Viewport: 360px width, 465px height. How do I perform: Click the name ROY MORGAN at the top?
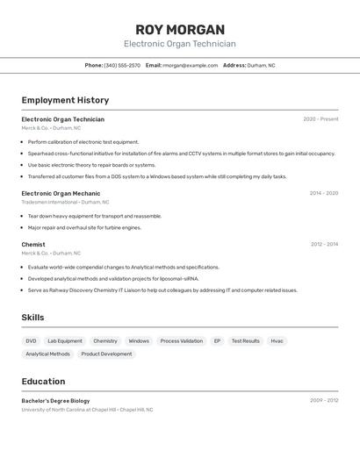180,30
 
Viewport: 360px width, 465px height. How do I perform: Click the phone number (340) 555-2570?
122,65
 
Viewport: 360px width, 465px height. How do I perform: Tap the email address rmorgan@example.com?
190,65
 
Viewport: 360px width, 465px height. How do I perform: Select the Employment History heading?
65,100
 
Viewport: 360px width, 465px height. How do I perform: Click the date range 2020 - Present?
320,119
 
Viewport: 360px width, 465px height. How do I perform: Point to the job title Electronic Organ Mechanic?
61,193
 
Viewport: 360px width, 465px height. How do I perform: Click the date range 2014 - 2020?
324,193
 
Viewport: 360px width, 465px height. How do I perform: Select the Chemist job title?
33,245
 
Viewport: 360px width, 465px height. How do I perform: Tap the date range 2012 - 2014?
324,245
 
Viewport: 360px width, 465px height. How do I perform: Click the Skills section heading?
32,318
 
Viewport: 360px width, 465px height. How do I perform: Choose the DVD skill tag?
31,341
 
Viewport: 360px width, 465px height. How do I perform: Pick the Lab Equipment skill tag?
65,341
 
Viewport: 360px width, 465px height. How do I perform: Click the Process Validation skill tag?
181,341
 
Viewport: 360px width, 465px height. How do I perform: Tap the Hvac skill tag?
277,341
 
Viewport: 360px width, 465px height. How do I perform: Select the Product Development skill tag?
106,354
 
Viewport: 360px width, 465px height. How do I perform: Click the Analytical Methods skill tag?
47,354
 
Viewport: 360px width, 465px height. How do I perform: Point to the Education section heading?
43,382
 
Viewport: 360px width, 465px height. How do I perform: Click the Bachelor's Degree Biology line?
55,401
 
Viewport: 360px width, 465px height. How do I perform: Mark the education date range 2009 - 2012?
324,401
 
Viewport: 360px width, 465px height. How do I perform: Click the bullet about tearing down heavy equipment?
94,216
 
